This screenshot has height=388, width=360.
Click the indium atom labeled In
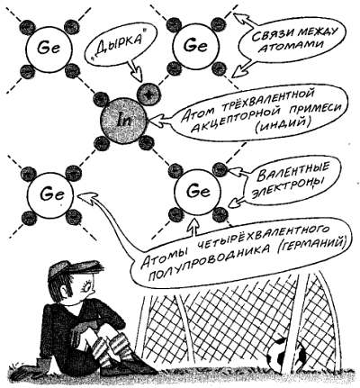[123, 121]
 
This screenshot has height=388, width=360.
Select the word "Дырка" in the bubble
[122, 43]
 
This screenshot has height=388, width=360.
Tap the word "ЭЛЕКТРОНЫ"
[285, 191]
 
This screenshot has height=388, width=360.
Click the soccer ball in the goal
[285, 353]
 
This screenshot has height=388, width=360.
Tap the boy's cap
[75, 268]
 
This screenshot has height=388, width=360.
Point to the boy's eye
[87, 287]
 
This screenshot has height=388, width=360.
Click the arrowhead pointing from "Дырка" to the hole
[138, 74]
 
